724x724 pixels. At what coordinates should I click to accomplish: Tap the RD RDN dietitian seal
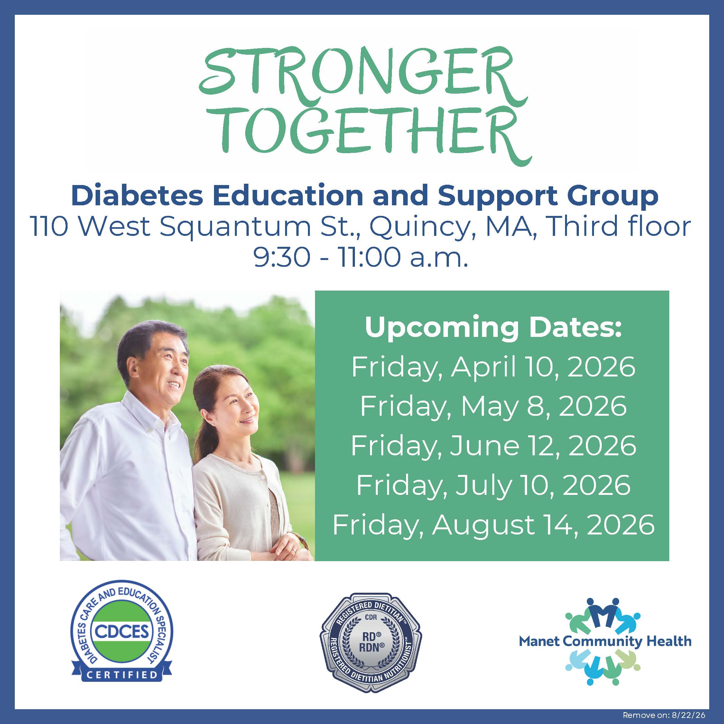pyautogui.click(x=370, y=642)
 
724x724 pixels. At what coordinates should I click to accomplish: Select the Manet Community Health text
pyautogui.click(x=605, y=641)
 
